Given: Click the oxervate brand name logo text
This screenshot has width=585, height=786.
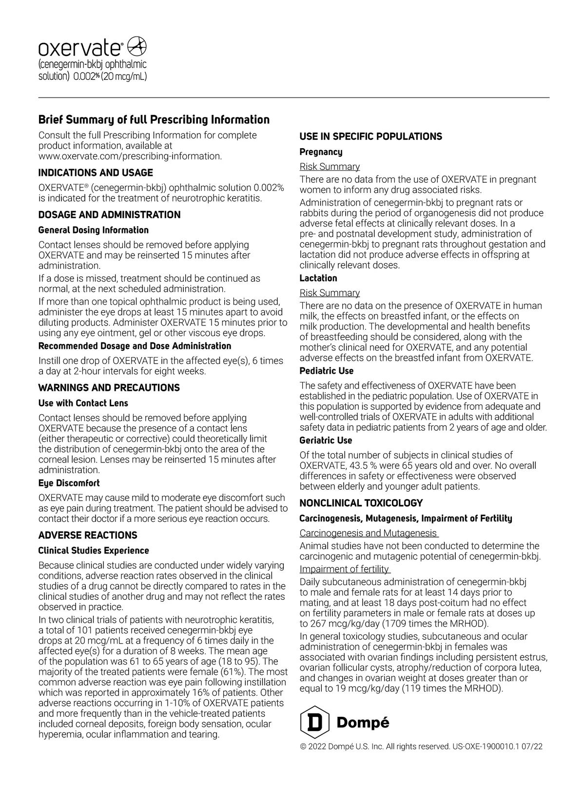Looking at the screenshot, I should click(x=81, y=49).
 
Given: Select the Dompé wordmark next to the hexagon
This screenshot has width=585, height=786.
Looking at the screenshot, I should click(x=363, y=723).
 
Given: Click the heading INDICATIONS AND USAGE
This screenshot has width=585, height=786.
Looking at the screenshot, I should click(x=96, y=173).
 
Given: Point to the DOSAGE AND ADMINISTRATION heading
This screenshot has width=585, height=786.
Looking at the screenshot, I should click(x=109, y=215).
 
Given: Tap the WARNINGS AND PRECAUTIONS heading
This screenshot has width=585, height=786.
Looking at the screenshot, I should click(x=109, y=388).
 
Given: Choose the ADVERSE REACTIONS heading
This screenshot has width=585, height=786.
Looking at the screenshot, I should click(x=88, y=536).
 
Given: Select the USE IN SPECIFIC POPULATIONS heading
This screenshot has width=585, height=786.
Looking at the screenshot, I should click(x=370, y=137).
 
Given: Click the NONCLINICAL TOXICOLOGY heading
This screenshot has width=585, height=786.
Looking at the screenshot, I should click(x=361, y=503).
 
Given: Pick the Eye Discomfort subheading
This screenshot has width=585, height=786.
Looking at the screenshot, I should click(x=69, y=483).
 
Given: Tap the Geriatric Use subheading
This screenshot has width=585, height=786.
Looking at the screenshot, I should click(x=326, y=441).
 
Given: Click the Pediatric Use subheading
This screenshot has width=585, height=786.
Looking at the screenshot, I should click(x=327, y=371).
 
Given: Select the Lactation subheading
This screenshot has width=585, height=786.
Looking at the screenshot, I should click(x=318, y=278).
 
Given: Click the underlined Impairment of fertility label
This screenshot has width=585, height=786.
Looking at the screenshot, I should click(x=344, y=569).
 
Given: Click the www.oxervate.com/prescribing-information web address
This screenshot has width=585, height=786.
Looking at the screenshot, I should click(x=130, y=156).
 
